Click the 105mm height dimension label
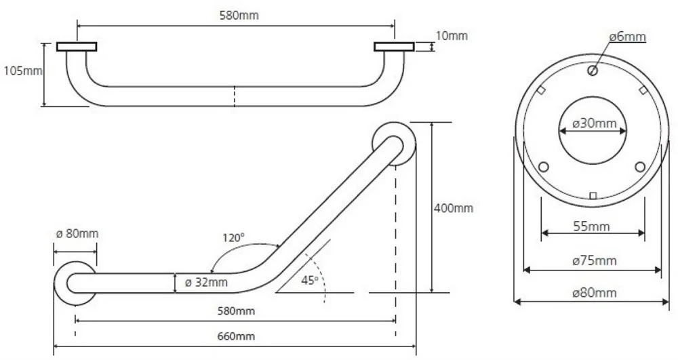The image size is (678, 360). (22, 71)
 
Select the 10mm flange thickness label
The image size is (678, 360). (452, 35)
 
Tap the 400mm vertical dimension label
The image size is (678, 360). (454, 208)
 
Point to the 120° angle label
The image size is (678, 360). (233, 237)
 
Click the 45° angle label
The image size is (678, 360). (310, 281)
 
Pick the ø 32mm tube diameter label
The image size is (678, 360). (206, 283)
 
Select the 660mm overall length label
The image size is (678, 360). (236, 336)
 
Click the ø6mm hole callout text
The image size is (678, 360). (628, 37)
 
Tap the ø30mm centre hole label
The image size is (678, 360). (594, 123)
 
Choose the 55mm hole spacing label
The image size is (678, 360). (591, 226)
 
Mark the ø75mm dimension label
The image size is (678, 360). (594, 260)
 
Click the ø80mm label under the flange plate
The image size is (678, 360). (594, 293)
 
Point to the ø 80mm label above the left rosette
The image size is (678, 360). (77, 234)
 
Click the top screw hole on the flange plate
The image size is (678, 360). (593, 70)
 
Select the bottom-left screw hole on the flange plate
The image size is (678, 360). (544, 167)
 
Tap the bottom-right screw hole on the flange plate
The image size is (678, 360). (641, 167)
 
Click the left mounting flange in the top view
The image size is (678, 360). (77, 47)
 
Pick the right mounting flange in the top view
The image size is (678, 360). (395, 47)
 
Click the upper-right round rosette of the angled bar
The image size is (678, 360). (394, 144)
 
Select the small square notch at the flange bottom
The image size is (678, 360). (593, 196)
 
